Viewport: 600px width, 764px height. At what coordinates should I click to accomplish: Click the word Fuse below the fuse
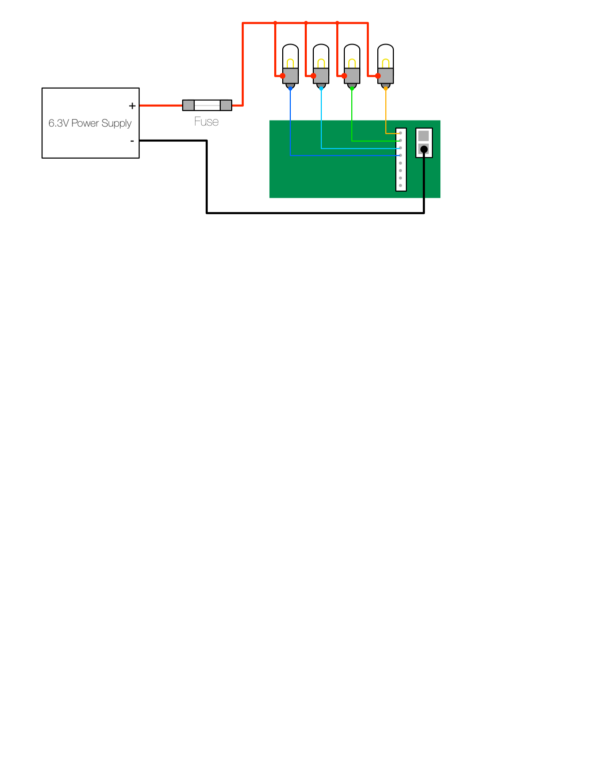(x=206, y=122)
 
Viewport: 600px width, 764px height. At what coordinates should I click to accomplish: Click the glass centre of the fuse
(x=207, y=105)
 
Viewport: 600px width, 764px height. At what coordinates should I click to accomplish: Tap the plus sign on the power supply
(x=132, y=106)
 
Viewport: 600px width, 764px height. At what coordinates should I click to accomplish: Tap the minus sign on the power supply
(x=132, y=141)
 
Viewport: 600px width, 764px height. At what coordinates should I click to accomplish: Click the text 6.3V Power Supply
(x=90, y=123)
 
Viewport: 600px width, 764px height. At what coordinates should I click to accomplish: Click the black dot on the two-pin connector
(x=424, y=149)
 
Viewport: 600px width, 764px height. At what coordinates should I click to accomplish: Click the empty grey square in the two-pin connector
(x=424, y=136)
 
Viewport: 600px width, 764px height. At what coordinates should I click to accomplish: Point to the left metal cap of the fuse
(x=188, y=105)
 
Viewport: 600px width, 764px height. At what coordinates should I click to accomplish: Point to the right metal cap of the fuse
(x=226, y=105)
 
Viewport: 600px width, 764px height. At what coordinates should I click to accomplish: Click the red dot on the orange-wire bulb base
(x=378, y=76)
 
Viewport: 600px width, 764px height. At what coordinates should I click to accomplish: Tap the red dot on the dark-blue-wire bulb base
(x=283, y=76)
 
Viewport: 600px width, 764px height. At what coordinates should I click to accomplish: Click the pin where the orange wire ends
(x=400, y=133)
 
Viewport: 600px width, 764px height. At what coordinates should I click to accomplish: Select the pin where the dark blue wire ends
(x=400, y=156)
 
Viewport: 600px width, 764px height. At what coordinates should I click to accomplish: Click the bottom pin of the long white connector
(x=400, y=186)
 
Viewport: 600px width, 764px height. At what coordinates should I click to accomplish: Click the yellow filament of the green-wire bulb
(x=352, y=63)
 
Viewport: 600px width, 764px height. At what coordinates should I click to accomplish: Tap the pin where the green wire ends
(x=400, y=141)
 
